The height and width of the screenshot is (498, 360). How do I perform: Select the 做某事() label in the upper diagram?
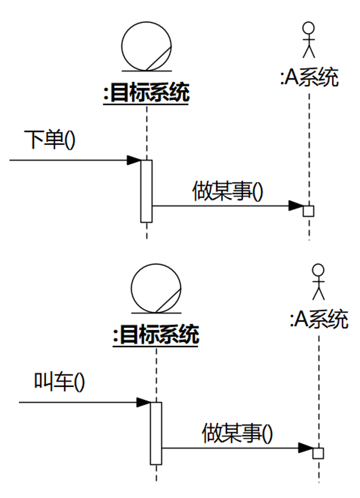228,191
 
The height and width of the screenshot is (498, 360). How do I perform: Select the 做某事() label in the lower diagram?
237,433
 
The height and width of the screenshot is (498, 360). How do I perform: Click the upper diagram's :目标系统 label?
146,93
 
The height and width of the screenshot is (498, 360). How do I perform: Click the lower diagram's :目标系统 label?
156,334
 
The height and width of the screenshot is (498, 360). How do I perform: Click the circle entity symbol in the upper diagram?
146,46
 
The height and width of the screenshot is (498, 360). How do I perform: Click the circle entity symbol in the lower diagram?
156,288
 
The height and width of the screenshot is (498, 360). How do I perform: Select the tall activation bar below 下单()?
146,191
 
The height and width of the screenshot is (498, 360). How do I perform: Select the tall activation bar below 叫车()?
156,433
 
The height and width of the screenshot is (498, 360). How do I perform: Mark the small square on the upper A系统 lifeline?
309,211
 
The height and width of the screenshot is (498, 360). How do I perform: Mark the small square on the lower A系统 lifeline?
318,453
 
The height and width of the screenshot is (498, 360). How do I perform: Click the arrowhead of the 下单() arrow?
134,160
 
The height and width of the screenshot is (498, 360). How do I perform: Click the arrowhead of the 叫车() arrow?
143,402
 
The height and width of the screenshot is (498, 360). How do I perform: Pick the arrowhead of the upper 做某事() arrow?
296,206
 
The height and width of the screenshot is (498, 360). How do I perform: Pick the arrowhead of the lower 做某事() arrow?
306,448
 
